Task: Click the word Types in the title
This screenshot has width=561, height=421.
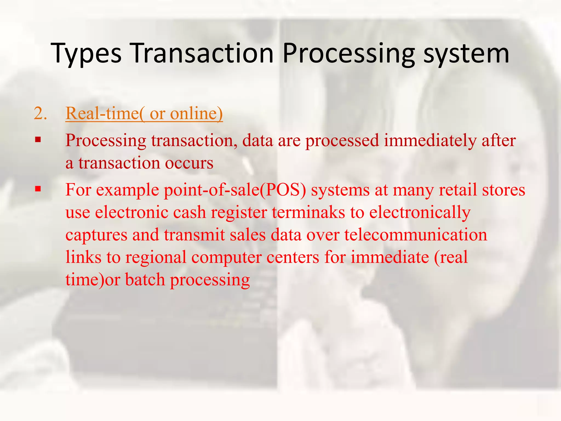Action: (86, 54)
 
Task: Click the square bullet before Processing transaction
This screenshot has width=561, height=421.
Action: (38, 140)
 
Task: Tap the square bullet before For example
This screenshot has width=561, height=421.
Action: (38, 189)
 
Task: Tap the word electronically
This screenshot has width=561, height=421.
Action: (420, 213)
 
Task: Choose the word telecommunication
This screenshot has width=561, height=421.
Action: (416, 235)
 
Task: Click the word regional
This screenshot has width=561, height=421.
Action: (156, 258)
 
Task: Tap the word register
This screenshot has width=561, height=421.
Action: (239, 213)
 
